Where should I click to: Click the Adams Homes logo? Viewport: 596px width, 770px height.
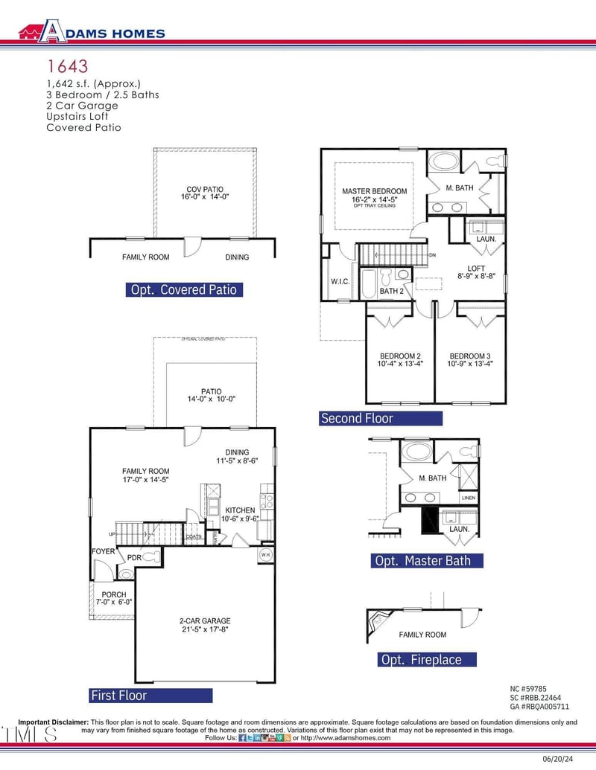click(x=92, y=32)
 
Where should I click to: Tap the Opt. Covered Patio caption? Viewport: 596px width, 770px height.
click(x=184, y=289)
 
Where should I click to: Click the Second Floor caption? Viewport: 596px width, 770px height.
click(x=357, y=418)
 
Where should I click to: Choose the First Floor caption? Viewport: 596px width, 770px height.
click(x=118, y=696)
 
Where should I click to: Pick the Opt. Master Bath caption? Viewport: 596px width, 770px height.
click(x=426, y=560)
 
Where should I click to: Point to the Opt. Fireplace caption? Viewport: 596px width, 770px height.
click(x=421, y=660)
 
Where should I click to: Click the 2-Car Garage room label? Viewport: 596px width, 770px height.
click(x=205, y=625)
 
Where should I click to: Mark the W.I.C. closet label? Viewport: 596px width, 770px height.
click(x=340, y=282)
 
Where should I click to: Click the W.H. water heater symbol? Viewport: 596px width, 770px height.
click(x=265, y=555)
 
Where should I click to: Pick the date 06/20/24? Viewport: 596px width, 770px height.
click(x=565, y=759)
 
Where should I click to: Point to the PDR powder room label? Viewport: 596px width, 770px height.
click(x=134, y=557)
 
